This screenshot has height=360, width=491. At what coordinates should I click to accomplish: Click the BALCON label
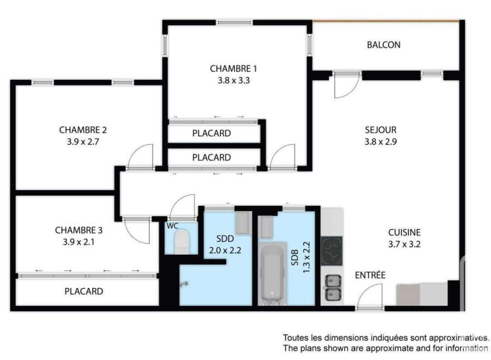click(x=384, y=45)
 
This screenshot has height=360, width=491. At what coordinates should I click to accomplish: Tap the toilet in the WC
click(x=182, y=241)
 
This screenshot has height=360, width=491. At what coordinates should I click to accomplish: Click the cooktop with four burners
click(x=332, y=251)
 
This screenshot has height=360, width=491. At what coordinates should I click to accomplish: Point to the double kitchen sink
click(x=333, y=287)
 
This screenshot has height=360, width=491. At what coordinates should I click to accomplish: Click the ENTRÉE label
click(x=370, y=275)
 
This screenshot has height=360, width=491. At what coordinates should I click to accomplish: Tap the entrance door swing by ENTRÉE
click(x=370, y=296)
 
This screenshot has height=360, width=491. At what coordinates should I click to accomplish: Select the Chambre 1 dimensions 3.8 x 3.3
click(x=233, y=80)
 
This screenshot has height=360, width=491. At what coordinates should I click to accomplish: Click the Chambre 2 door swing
click(x=141, y=157)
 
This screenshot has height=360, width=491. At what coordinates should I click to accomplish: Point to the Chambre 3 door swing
click(x=136, y=230)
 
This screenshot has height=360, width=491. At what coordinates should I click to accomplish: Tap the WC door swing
click(x=182, y=207)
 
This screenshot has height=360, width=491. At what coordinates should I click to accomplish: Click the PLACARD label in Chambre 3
click(x=83, y=291)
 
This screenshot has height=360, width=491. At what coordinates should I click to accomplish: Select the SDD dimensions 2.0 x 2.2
click(x=225, y=250)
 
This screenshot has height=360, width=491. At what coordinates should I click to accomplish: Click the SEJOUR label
click(x=380, y=130)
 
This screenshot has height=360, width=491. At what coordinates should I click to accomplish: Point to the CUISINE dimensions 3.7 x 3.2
click(x=404, y=244)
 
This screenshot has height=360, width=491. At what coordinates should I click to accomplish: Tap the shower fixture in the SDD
click(x=184, y=284)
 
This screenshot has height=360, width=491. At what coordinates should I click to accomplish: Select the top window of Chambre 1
click(x=234, y=22)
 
